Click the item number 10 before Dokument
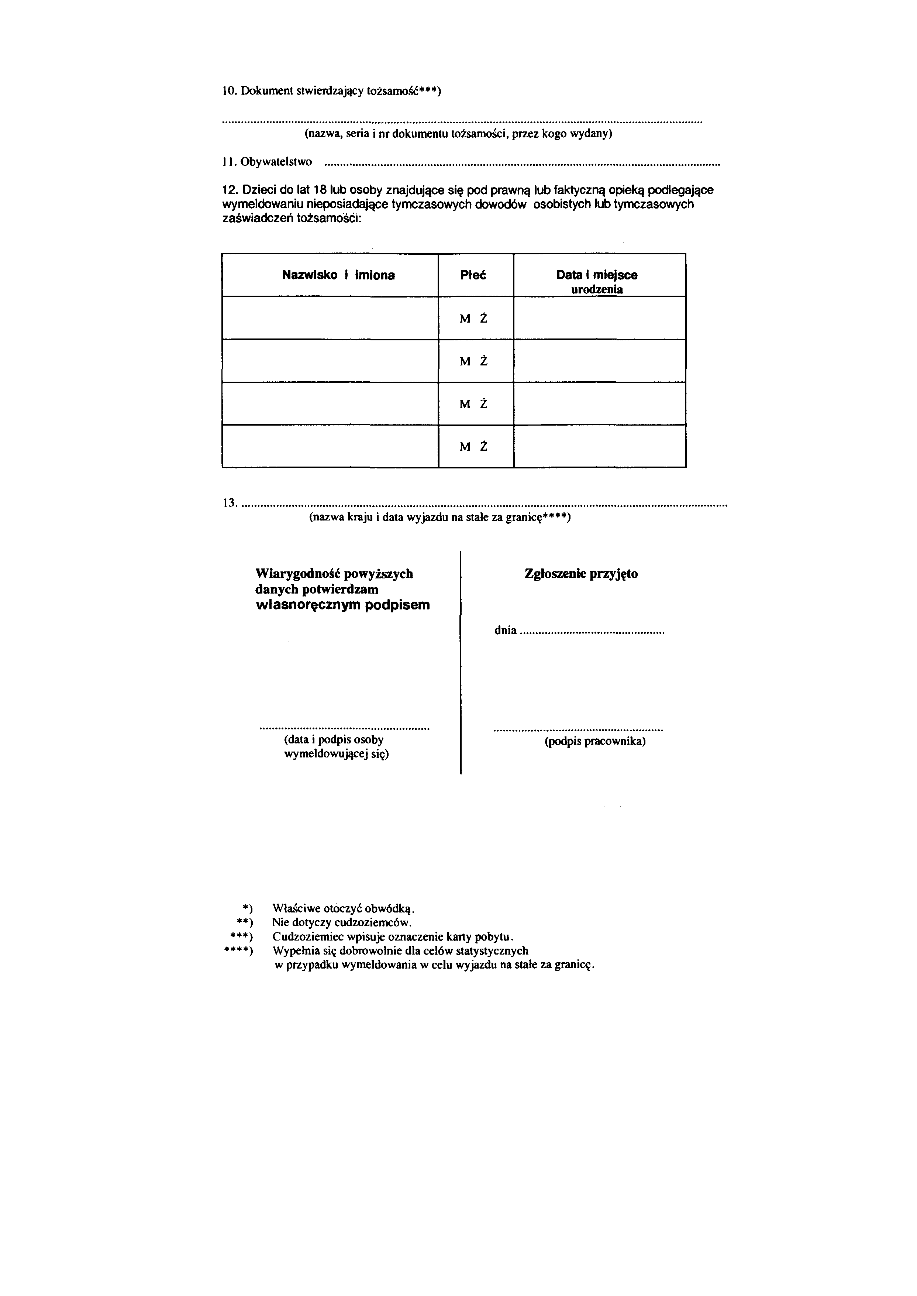pos(229,92)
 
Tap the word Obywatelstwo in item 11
pos(276,162)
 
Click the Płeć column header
pos(473,276)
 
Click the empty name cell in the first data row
pos(330,318)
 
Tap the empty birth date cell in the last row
pos(600,446)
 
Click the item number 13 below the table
pos(229,503)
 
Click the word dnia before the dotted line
pos(506,630)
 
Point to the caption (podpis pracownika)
pos(594,741)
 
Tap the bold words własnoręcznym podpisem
pos(343,605)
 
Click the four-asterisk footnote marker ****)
pos(238,951)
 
